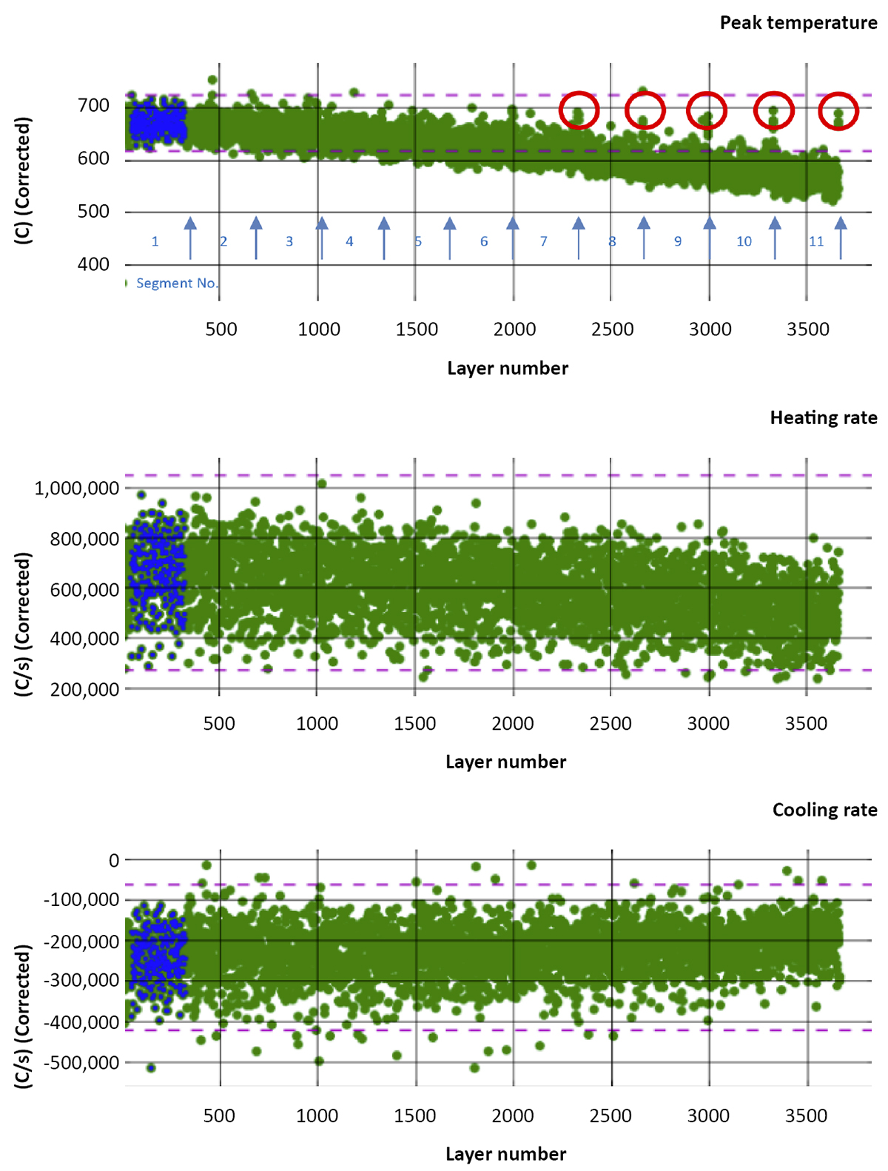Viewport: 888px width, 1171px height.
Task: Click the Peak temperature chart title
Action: [x=798, y=23]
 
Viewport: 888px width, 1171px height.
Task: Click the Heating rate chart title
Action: [x=823, y=418]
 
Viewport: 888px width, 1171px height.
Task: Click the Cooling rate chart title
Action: [x=824, y=811]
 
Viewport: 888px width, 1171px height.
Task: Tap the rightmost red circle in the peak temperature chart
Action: [x=838, y=111]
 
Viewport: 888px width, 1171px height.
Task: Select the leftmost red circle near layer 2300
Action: [x=579, y=110]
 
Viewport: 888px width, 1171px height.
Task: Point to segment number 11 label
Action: [x=815, y=241]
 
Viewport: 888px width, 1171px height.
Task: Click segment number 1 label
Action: [x=155, y=241]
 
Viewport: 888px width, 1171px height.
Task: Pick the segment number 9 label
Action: [x=677, y=241]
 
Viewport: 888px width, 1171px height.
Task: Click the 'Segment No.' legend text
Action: [x=177, y=283]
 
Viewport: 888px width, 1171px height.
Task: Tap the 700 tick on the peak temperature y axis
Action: [x=93, y=106]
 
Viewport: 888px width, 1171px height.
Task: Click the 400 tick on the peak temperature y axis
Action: [x=93, y=265]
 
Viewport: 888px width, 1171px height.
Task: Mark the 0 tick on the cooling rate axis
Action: [x=113, y=861]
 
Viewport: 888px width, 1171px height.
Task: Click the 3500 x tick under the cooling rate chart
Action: [x=807, y=1115]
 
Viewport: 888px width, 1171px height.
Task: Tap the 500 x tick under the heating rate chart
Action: [x=219, y=723]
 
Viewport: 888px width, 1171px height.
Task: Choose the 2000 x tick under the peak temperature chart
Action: [x=514, y=329]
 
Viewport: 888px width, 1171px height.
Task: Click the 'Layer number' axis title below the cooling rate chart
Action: [x=505, y=1154]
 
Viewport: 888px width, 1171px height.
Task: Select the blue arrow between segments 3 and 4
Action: [x=322, y=238]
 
